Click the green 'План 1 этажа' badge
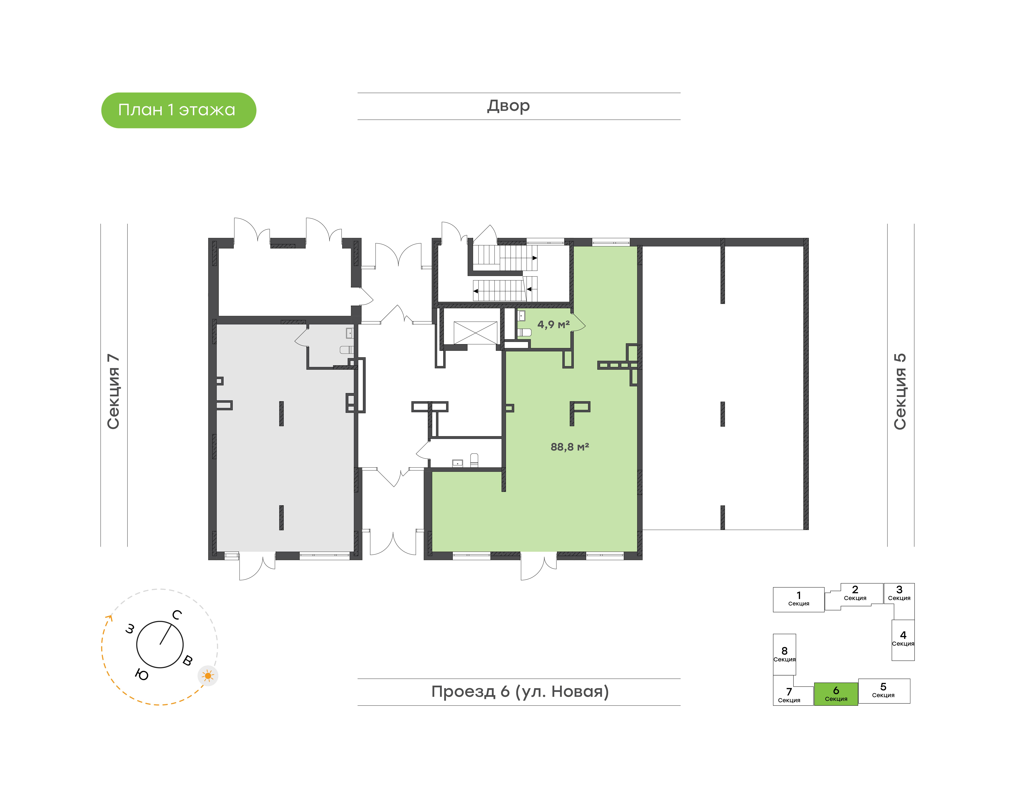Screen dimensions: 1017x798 [x=178, y=110]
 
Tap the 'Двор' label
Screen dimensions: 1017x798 [x=508, y=106]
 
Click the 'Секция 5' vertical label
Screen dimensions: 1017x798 [x=900, y=392]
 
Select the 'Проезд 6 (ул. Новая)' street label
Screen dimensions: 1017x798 [x=520, y=692]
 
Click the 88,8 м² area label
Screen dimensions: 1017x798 [x=570, y=447]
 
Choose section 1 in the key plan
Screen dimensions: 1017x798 [x=798, y=600]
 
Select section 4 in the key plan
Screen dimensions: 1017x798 [x=903, y=640]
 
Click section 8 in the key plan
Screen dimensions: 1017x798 [x=784, y=654]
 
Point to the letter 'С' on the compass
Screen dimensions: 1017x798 [x=177, y=615]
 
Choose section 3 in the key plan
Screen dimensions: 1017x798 [x=899, y=593]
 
